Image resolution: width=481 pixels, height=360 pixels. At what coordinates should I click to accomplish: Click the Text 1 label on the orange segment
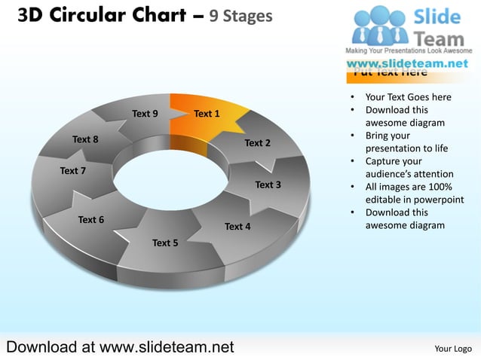point(207,114)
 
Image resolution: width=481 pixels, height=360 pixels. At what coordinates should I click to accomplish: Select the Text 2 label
point(257,142)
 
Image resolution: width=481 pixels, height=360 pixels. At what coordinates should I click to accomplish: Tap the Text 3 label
point(268,185)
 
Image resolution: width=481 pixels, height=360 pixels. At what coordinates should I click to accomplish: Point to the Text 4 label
point(237,226)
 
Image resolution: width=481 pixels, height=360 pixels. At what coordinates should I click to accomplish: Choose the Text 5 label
point(165,243)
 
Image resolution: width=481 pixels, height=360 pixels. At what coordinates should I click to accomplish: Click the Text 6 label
point(91,220)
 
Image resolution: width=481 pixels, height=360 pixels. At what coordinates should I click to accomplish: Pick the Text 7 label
point(72,171)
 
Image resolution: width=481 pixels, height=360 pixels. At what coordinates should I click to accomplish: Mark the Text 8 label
point(85,139)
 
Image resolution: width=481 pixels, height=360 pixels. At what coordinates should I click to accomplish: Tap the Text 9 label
point(145,114)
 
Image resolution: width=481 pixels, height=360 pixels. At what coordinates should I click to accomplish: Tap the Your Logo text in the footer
point(452,348)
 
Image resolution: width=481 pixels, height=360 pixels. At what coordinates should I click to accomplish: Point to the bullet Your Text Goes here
point(408,97)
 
